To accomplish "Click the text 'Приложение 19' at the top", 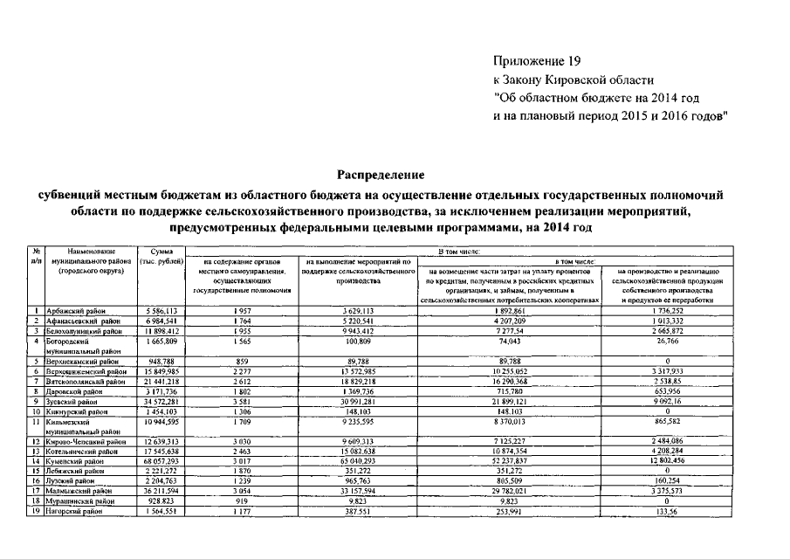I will click(536, 60).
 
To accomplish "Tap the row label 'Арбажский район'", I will click(80, 310).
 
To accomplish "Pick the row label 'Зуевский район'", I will click(77, 400).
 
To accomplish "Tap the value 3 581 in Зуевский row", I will click(231, 400).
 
